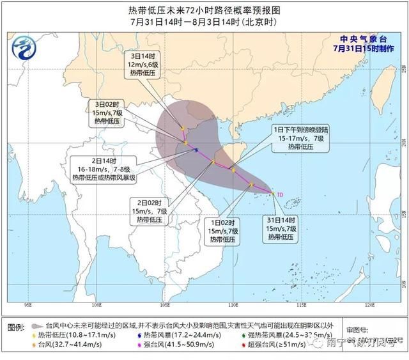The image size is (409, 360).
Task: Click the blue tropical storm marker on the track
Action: [x=196, y=151]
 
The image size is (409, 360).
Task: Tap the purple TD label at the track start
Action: [x=279, y=194]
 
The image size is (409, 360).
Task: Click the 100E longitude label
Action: [x=96, y=304]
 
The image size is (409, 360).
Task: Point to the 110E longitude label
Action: [x=233, y=304]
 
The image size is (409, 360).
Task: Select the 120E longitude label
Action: [x=369, y=304]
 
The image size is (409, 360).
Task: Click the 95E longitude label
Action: [x=28, y=304]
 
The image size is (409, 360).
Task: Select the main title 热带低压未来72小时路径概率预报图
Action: [x=204, y=10]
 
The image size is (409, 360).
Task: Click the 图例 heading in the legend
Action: [x=17, y=327]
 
